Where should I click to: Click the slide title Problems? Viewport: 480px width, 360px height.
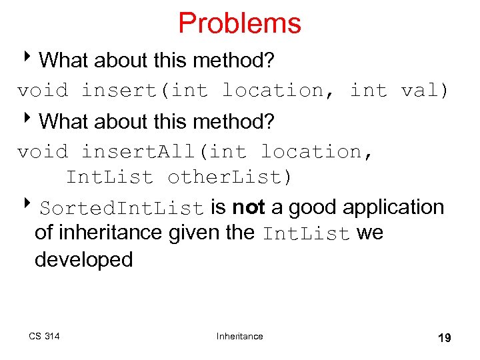pos(239,23)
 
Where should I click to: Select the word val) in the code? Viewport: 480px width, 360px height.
pos(425,90)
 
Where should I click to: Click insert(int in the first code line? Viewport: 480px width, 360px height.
pos(145,90)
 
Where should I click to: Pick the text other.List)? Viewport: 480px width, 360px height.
pos(229,177)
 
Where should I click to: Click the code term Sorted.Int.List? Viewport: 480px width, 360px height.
pos(121,208)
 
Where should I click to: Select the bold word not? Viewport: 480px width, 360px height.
pos(249,207)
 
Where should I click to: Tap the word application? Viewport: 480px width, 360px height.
pos(393,207)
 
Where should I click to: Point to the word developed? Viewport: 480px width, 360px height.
pos(84,259)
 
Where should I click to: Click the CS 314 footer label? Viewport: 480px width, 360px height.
pos(44,336)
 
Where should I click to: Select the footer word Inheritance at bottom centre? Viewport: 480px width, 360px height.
pos(239,336)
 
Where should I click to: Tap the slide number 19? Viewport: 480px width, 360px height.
pos(444,338)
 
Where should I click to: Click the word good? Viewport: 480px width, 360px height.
pos(311,207)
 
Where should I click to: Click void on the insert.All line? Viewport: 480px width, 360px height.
pos(43,152)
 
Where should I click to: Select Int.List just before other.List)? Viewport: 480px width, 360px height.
pos(109,177)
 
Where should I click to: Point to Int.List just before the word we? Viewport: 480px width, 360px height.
pos(307,234)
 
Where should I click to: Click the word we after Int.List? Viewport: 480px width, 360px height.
pos(370,233)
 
